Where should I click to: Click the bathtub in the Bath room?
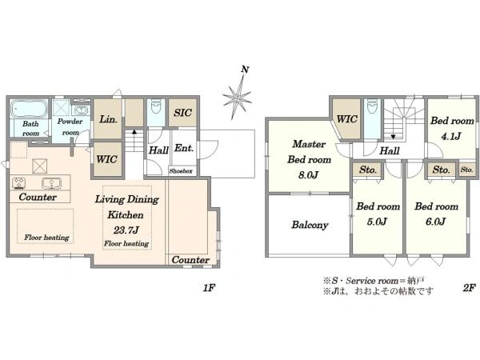point(30,108)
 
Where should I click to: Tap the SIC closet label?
point(182,113)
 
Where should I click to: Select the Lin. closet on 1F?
point(108,118)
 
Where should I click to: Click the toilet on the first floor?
point(156,106)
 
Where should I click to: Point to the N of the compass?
point(245,70)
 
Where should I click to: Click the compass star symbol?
point(238,98)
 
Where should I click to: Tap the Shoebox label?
point(181,171)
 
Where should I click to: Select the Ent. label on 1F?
point(184,149)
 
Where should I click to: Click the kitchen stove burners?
point(18,183)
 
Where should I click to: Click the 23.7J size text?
point(126,230)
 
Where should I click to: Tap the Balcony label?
point(310,225)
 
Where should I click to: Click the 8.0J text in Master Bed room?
point(309,175)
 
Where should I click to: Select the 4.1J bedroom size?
point(451,137)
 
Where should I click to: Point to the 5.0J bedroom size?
point(377,222)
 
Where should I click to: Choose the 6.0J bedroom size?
point(436,222)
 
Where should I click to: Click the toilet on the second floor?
point(372,107)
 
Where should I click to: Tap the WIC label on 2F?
point(347,118)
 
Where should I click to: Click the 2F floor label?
point(469,288)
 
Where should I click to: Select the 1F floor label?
point(210,288)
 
